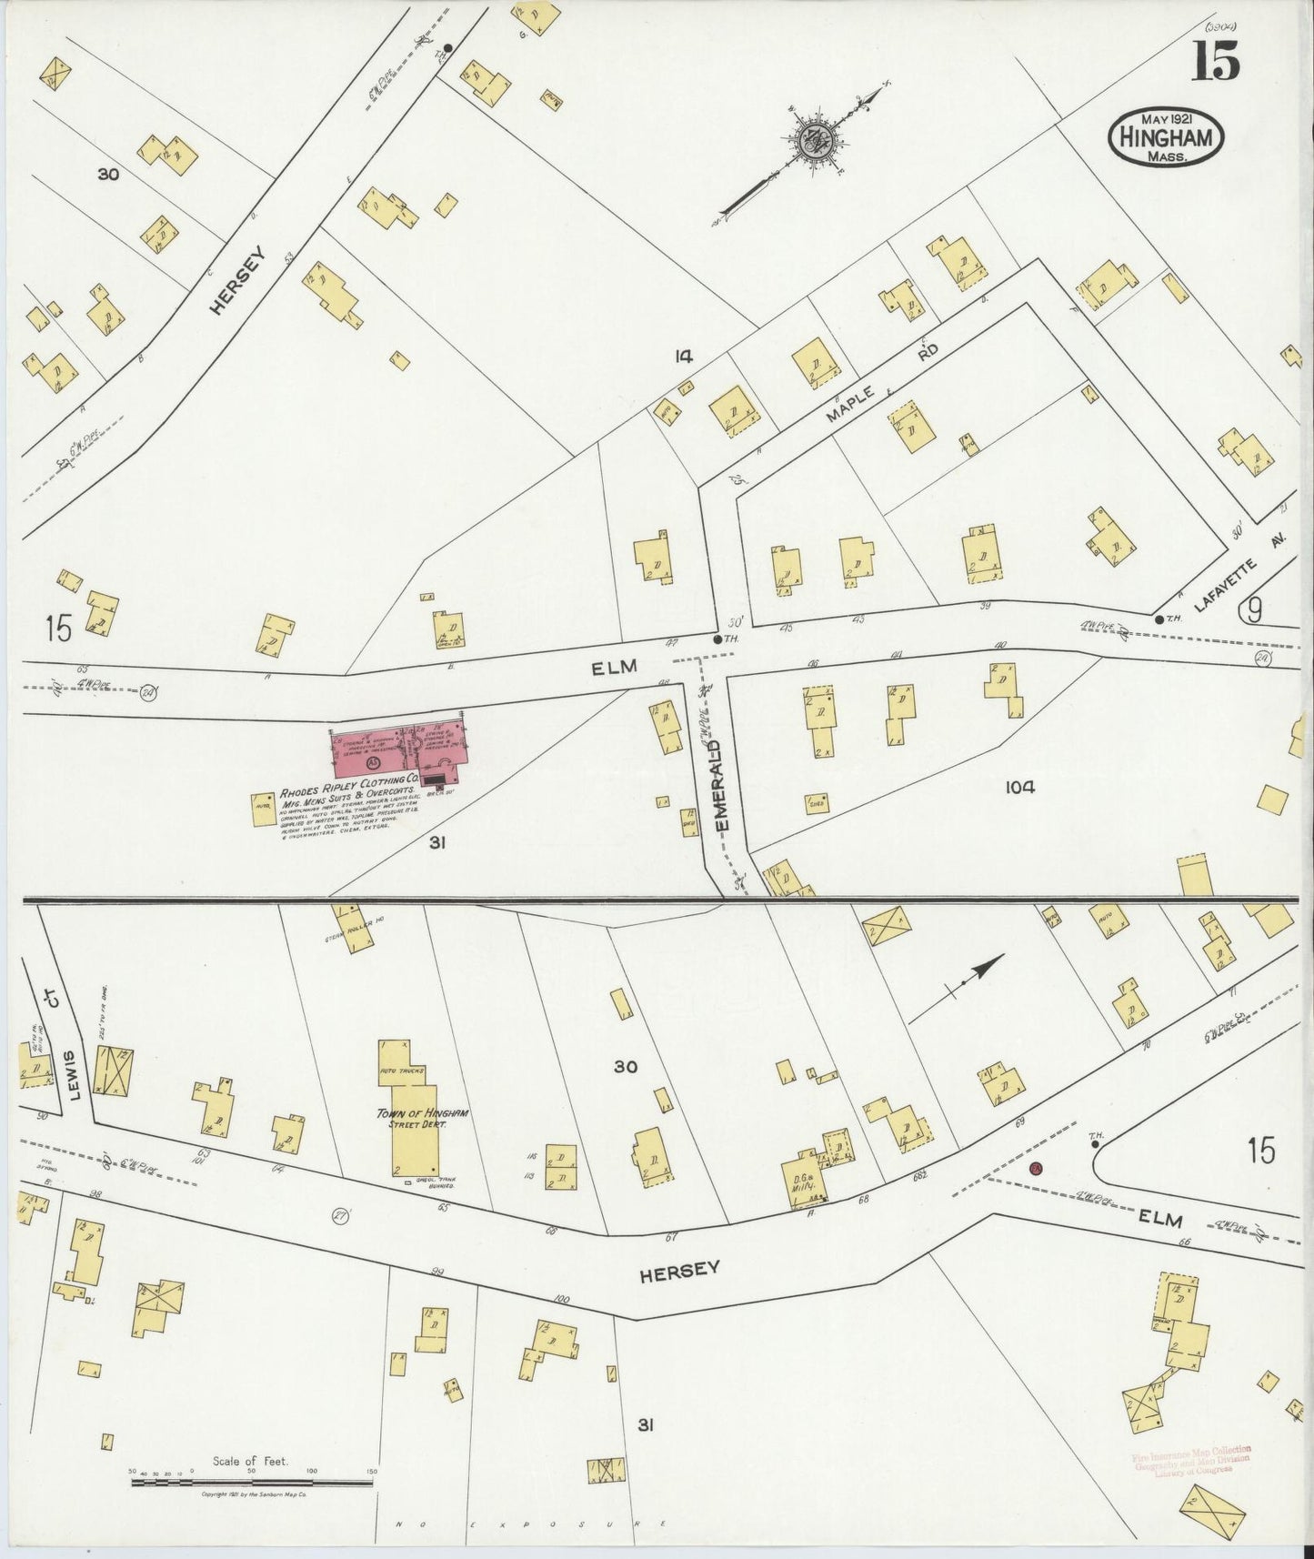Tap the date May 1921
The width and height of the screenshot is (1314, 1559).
click(x=1167, y=118)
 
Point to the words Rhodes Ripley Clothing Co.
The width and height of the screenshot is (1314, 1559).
click(x=349, y=780)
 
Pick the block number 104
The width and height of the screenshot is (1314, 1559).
click(x=1020, y=788)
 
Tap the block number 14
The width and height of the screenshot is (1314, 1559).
click(x=684, y=357)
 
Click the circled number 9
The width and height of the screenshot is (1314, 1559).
click(x=1254, y=612)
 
